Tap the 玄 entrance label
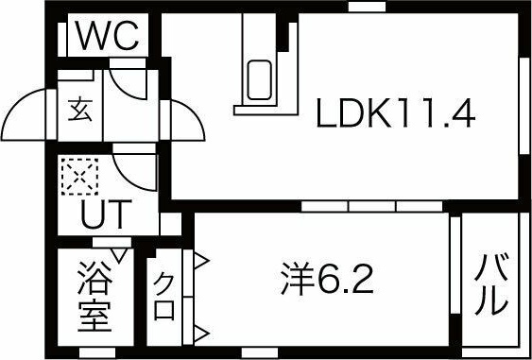pyautogui.click(x=80, y=111)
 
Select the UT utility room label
pyautogui.click(x=106, y=214)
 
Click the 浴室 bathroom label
pyautogui.click(x=94, y=297)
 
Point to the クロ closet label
pyautogui.click(x=164, y=297)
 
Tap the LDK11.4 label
pyautogui.click(x=395, y=113)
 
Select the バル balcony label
pyautogui.click(x=491, y=283)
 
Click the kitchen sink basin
pyautogui.click(x=259, y=80)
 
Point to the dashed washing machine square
pyautogui.click(x=79, y=177)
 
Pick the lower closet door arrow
pyautogui.click(x=201, y=334)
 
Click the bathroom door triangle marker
pyautogui.click(x=119, y=255)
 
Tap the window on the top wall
pyautogui.click(x=367, y=7)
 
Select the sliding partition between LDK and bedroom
pyautogui.click(x=372, y=206)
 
